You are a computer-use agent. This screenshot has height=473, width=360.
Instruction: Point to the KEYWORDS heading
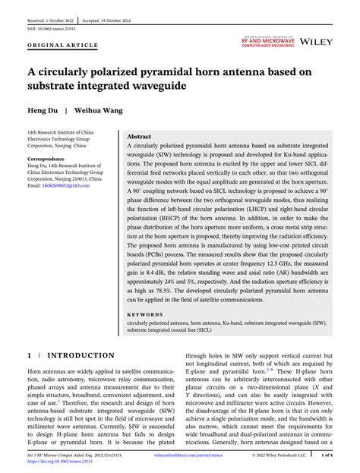tap(146, 312)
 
